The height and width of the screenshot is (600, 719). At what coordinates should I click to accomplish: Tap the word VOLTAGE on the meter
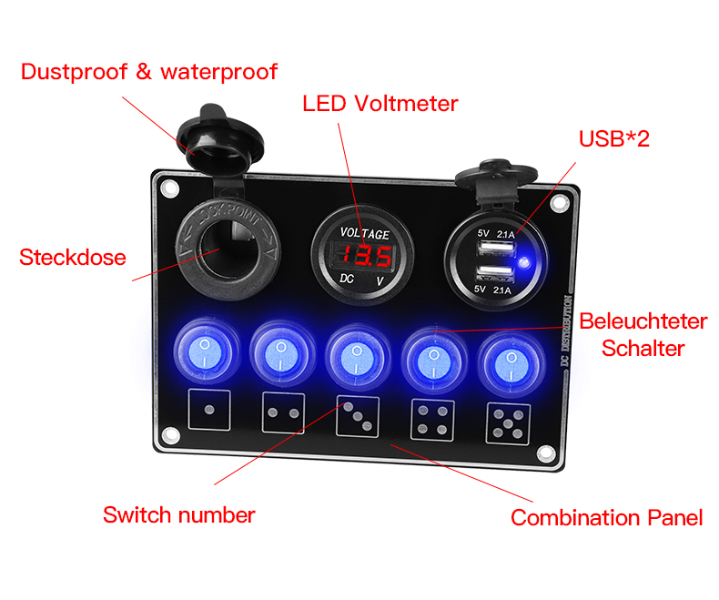point(365,233)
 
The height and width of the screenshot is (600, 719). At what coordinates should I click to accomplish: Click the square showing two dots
point(282,414)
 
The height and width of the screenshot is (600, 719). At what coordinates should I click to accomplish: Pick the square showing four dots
point(432,420)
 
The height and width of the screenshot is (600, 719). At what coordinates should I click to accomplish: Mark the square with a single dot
point(208,412)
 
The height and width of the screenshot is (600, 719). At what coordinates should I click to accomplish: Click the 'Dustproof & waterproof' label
point(148,72)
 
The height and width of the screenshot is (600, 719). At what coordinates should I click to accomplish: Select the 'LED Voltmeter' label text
point(380,104)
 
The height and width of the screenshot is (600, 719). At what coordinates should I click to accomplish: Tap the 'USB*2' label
point(613,138)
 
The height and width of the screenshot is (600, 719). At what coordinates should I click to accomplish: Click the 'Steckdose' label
point(72,258)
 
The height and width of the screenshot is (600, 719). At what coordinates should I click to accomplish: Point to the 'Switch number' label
point(178,515)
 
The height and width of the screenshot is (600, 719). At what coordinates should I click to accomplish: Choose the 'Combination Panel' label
point(606,518)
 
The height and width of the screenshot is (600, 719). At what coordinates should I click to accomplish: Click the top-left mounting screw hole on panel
point(168,189)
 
